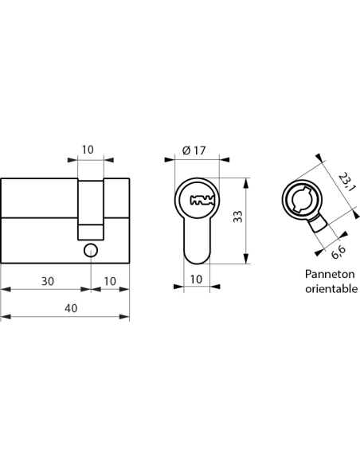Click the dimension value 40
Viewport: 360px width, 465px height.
(71, 308)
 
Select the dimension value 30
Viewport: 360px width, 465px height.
(48, 281)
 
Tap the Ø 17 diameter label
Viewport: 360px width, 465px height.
(194, 150)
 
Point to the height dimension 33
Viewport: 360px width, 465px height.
(238, 217)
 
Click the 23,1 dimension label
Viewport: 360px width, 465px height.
(346, 182)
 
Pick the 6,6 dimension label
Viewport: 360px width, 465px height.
(338, 252)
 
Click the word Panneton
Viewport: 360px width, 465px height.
(330, 274)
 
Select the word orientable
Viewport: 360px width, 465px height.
(331, 288)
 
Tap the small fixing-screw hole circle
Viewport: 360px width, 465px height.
(91, 251)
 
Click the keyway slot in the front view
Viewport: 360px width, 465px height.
(202, 200)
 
